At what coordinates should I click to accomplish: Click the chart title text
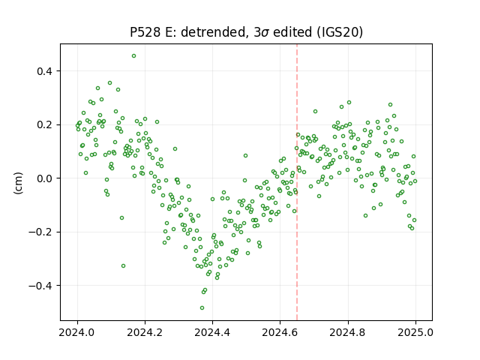pyautogui.click(x=246, y=32)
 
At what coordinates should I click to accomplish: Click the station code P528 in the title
pyautogui.click(x=145, y=32)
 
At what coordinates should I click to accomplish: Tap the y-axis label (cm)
pyautogui.click(x=18, y=183)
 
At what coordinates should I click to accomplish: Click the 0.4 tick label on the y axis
pyautogui.click(x=45, y=71)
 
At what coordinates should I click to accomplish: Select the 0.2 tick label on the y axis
pyautogui.click(x=45, y=125)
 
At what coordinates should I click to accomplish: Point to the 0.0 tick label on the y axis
pyautogui.click(x=45, y=178)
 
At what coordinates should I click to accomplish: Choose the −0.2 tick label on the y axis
pyautogui.click(x=40, y=232)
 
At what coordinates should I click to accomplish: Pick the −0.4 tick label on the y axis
pyautogui.click(x=40, y=286)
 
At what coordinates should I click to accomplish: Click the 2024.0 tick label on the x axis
pyautogui.click(x=77, y=332)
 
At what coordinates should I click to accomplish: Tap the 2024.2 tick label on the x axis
pyautogui.click(x=145, y=332)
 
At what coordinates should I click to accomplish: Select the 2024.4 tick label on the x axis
pyautogui.click(x=212, y=332)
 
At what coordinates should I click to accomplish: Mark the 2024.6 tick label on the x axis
pyautogui.click(x=280, y=332)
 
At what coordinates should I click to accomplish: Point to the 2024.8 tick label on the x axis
pyautogui.click(x=348, y=332)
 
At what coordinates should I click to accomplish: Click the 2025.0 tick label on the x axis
pyautogui.click(x=415, y=332)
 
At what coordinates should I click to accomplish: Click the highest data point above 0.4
pyautogui.click(x=133, y=56)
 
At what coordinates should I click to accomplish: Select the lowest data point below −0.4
pyautogui.click(x=202, y=308)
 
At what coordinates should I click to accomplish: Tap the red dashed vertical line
pyautogui.click(x=297, y=182)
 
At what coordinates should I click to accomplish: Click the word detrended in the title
pyautogui.click(x=214, y=32)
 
